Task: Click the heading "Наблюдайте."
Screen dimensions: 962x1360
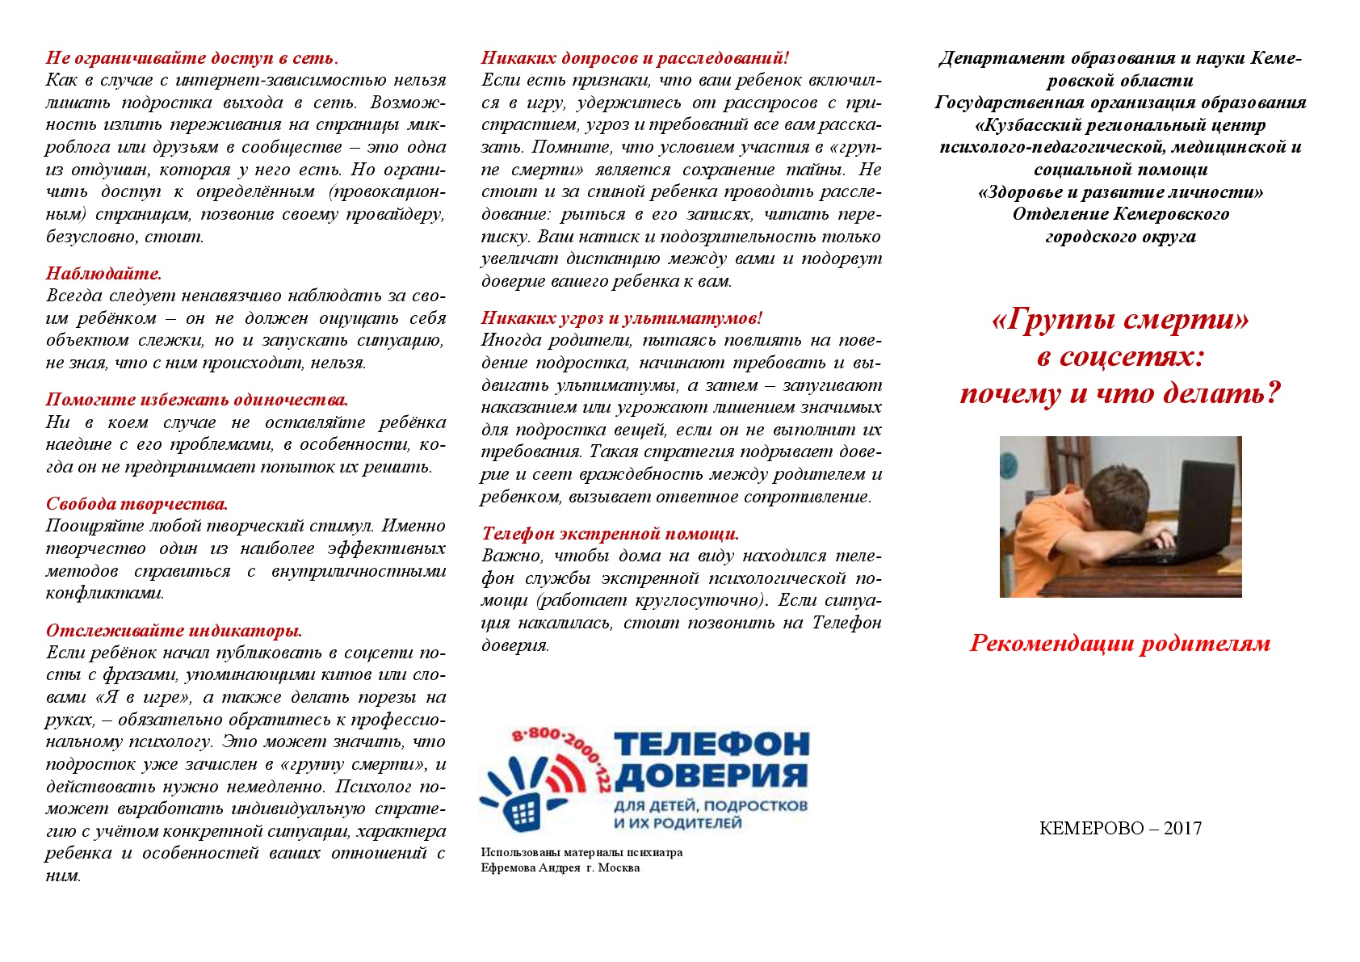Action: click(103, 273)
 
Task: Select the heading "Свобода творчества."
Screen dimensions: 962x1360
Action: click(136, 504)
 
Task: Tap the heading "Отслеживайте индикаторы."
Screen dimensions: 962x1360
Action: click(174, 631)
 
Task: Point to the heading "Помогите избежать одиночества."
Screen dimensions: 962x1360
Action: click(196, 400)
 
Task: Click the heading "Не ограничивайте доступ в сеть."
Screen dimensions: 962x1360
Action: click(191, 58)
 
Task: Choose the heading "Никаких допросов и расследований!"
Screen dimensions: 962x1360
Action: click(635, 58)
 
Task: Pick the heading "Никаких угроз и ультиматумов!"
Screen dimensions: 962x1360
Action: click(621, 318)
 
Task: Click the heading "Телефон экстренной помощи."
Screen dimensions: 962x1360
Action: click(610, 534)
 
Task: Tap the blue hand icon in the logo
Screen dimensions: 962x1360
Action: click(522, 800)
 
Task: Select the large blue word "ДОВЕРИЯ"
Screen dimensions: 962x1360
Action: click(711, 776)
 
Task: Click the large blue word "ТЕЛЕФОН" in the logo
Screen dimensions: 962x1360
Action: click(711, 743)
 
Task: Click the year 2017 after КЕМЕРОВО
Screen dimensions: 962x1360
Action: click(1182, 829)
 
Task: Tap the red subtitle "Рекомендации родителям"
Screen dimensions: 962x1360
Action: click(1120, 644)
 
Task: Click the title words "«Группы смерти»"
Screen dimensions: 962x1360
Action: click(1120, 321)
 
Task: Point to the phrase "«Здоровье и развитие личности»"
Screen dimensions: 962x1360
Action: click(1120, 192)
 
